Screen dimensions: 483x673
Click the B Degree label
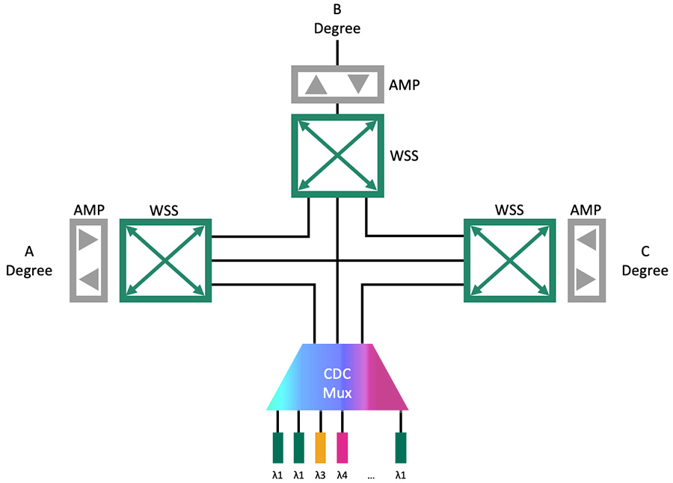pyautogui.click(x=336, y=20)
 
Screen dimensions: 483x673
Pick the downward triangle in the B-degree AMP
pyautogui.click(x=357, y=84)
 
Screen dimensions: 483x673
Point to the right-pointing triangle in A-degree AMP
pyautogui.click(x=89, y=241)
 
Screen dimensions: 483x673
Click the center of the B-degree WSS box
pyautogui.click(x=337, y=156)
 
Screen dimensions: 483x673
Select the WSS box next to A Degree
pyautogui.click(x=165, y=260)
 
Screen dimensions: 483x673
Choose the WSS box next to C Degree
pyautogui.click(x=509, y=260)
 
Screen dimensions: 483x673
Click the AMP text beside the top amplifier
pyautogui.click(x=405, y=84)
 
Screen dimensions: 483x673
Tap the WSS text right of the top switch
pyautogui.click(x=405, y=157)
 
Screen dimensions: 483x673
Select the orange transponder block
pyautogui.click(x=321, y=447)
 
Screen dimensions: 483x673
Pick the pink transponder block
pyautogui.click(x=342, y=447)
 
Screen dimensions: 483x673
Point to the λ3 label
pyautogui.click(x=320, y=474)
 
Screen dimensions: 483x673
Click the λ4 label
pyautogui.click(x=342, y=474)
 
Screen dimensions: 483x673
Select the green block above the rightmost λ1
pyautogui.click(x=401, y=447)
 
